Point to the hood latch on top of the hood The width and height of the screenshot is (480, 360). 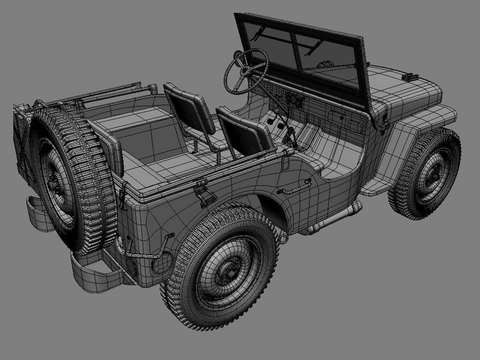(409, 77)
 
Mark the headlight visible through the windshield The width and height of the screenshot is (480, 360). (323, 64)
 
